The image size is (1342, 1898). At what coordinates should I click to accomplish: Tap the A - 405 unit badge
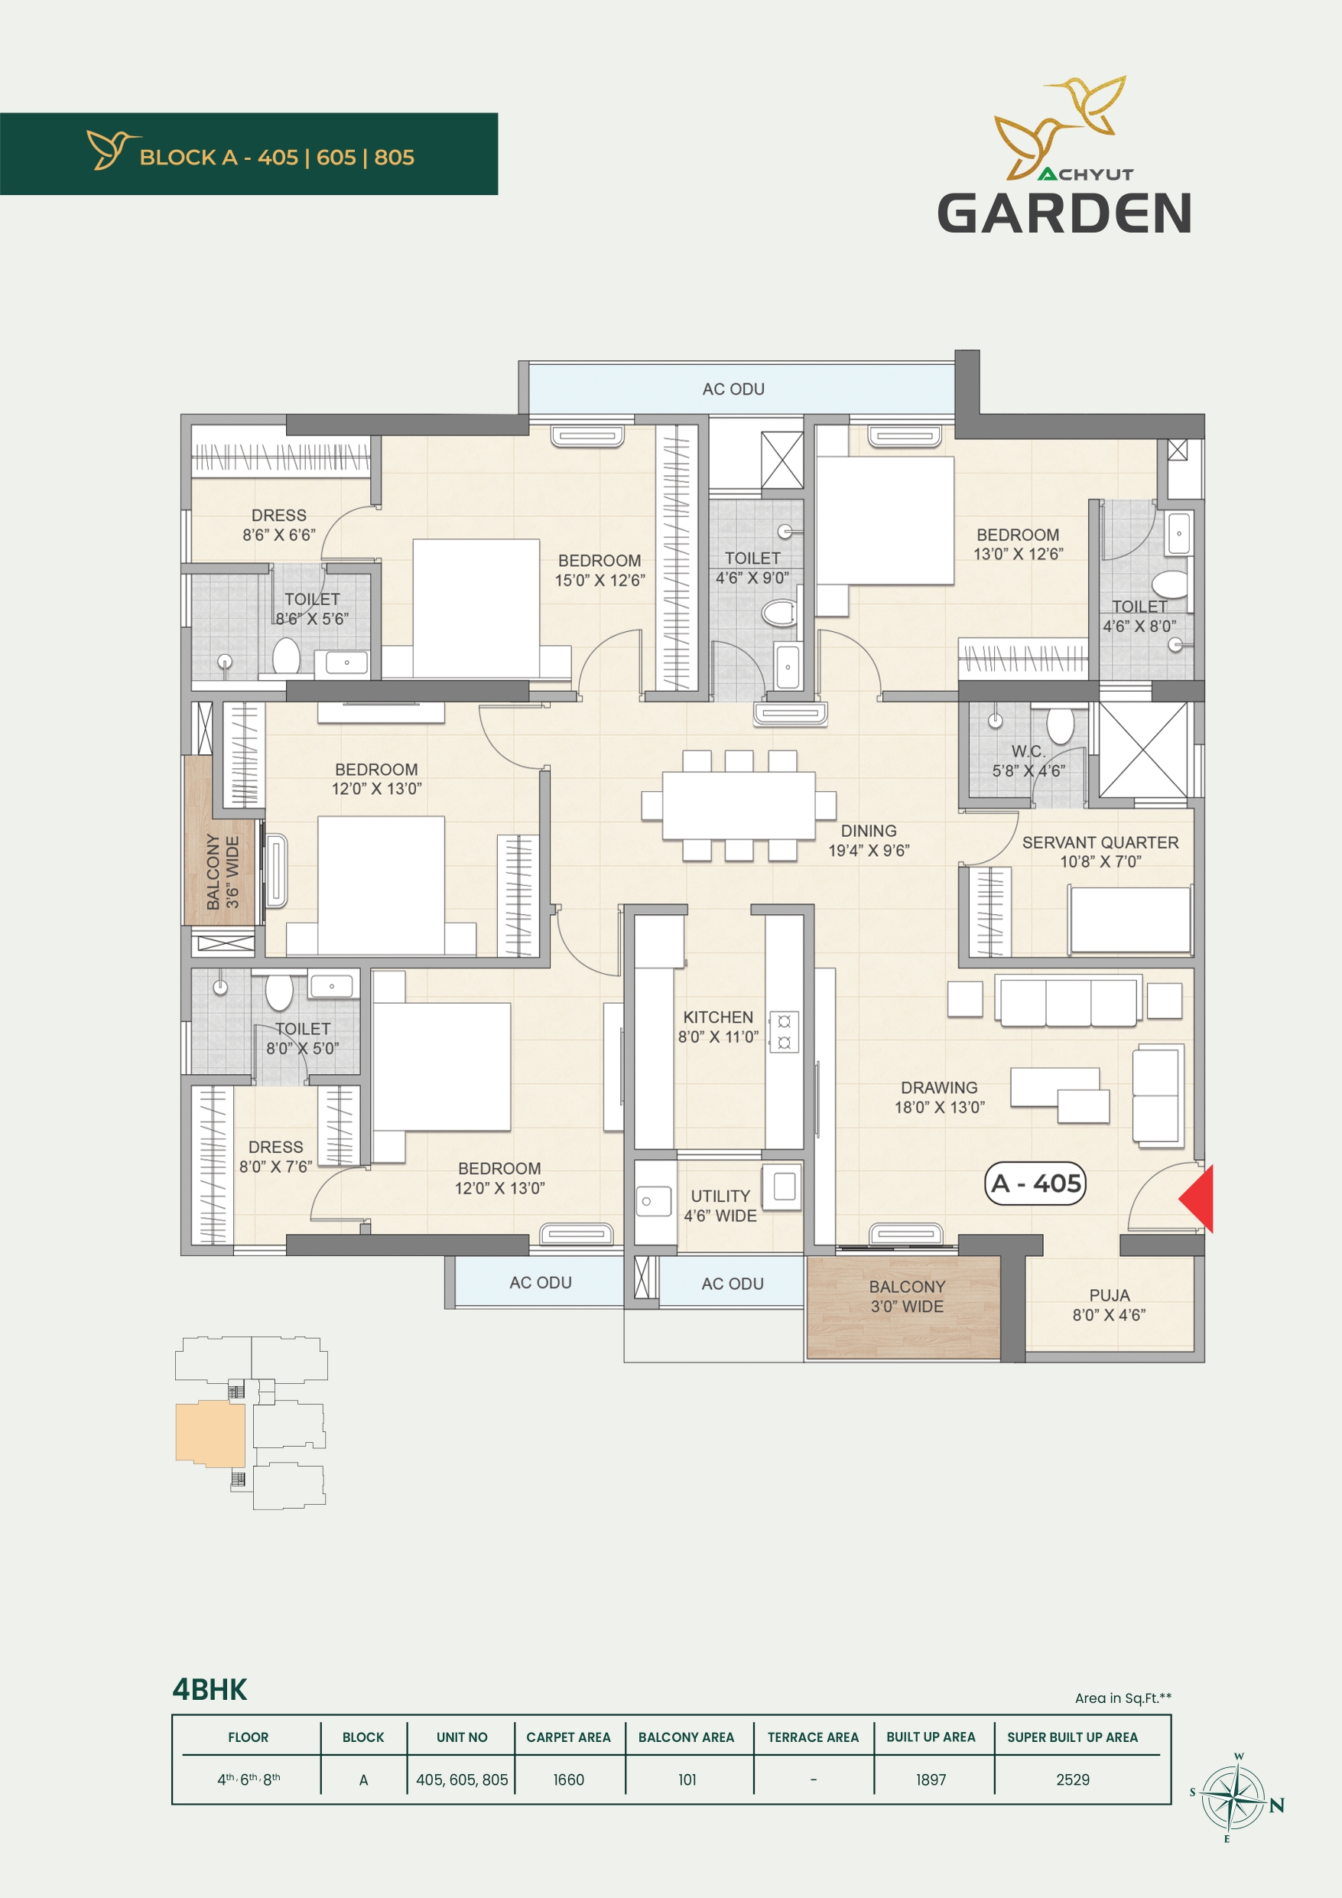point(1035,1183)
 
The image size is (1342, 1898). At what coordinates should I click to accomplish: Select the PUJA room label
point(1109,1295)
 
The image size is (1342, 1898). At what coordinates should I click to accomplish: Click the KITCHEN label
point(718,1017)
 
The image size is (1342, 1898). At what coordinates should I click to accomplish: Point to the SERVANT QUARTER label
point(1100,842)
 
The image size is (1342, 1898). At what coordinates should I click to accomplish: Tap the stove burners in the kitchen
point(785,1032)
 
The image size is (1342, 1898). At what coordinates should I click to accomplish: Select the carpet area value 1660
point(568,1779)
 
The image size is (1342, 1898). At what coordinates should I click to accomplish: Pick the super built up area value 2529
point(1073,1779)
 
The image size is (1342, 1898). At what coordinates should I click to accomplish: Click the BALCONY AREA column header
point(686,1737)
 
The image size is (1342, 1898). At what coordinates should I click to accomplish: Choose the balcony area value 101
point(687,1779)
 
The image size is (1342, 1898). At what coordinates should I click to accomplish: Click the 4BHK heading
point(210,1690)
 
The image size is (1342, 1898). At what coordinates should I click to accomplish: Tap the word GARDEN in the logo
point(1064,213)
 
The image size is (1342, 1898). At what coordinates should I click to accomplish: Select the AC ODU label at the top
point(734,389)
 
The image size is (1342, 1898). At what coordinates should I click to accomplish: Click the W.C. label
point(1028,751)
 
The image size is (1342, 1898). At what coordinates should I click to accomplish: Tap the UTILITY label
point(720,1196)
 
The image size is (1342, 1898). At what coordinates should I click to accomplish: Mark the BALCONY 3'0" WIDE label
point(906,1296)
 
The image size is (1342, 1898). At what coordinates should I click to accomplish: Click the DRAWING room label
point(939,1088)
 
